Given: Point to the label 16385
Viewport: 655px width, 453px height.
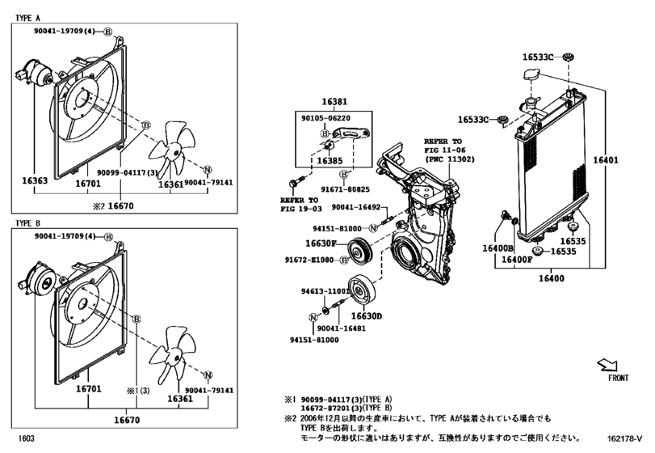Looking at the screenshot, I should click(x=330, y=161).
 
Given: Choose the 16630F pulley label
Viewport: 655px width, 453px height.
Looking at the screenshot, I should click(x=321, y=243).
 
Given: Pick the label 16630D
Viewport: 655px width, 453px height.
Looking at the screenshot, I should click(x=366, y=315).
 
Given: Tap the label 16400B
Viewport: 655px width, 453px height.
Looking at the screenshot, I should click(x=498, y=248).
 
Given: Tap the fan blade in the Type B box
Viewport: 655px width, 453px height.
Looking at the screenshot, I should click(x=177, y=353).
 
